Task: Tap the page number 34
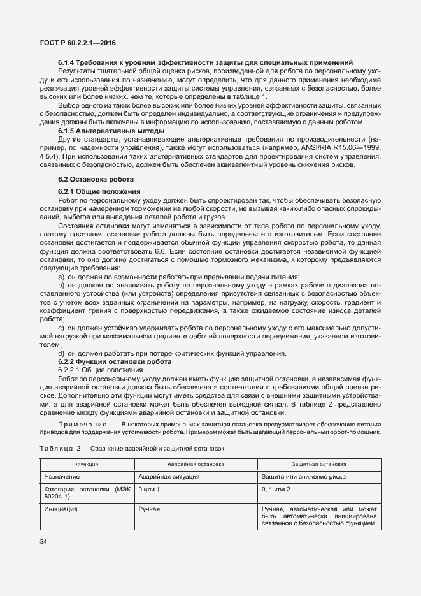point(44,541)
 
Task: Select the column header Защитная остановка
point(319,465)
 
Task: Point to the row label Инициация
point(61,509)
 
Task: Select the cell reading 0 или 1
point(149,489)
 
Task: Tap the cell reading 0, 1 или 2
point(276,489)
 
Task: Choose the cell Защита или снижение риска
point(303,476)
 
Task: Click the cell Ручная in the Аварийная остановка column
point(149,509)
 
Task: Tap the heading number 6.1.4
point(68,62)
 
